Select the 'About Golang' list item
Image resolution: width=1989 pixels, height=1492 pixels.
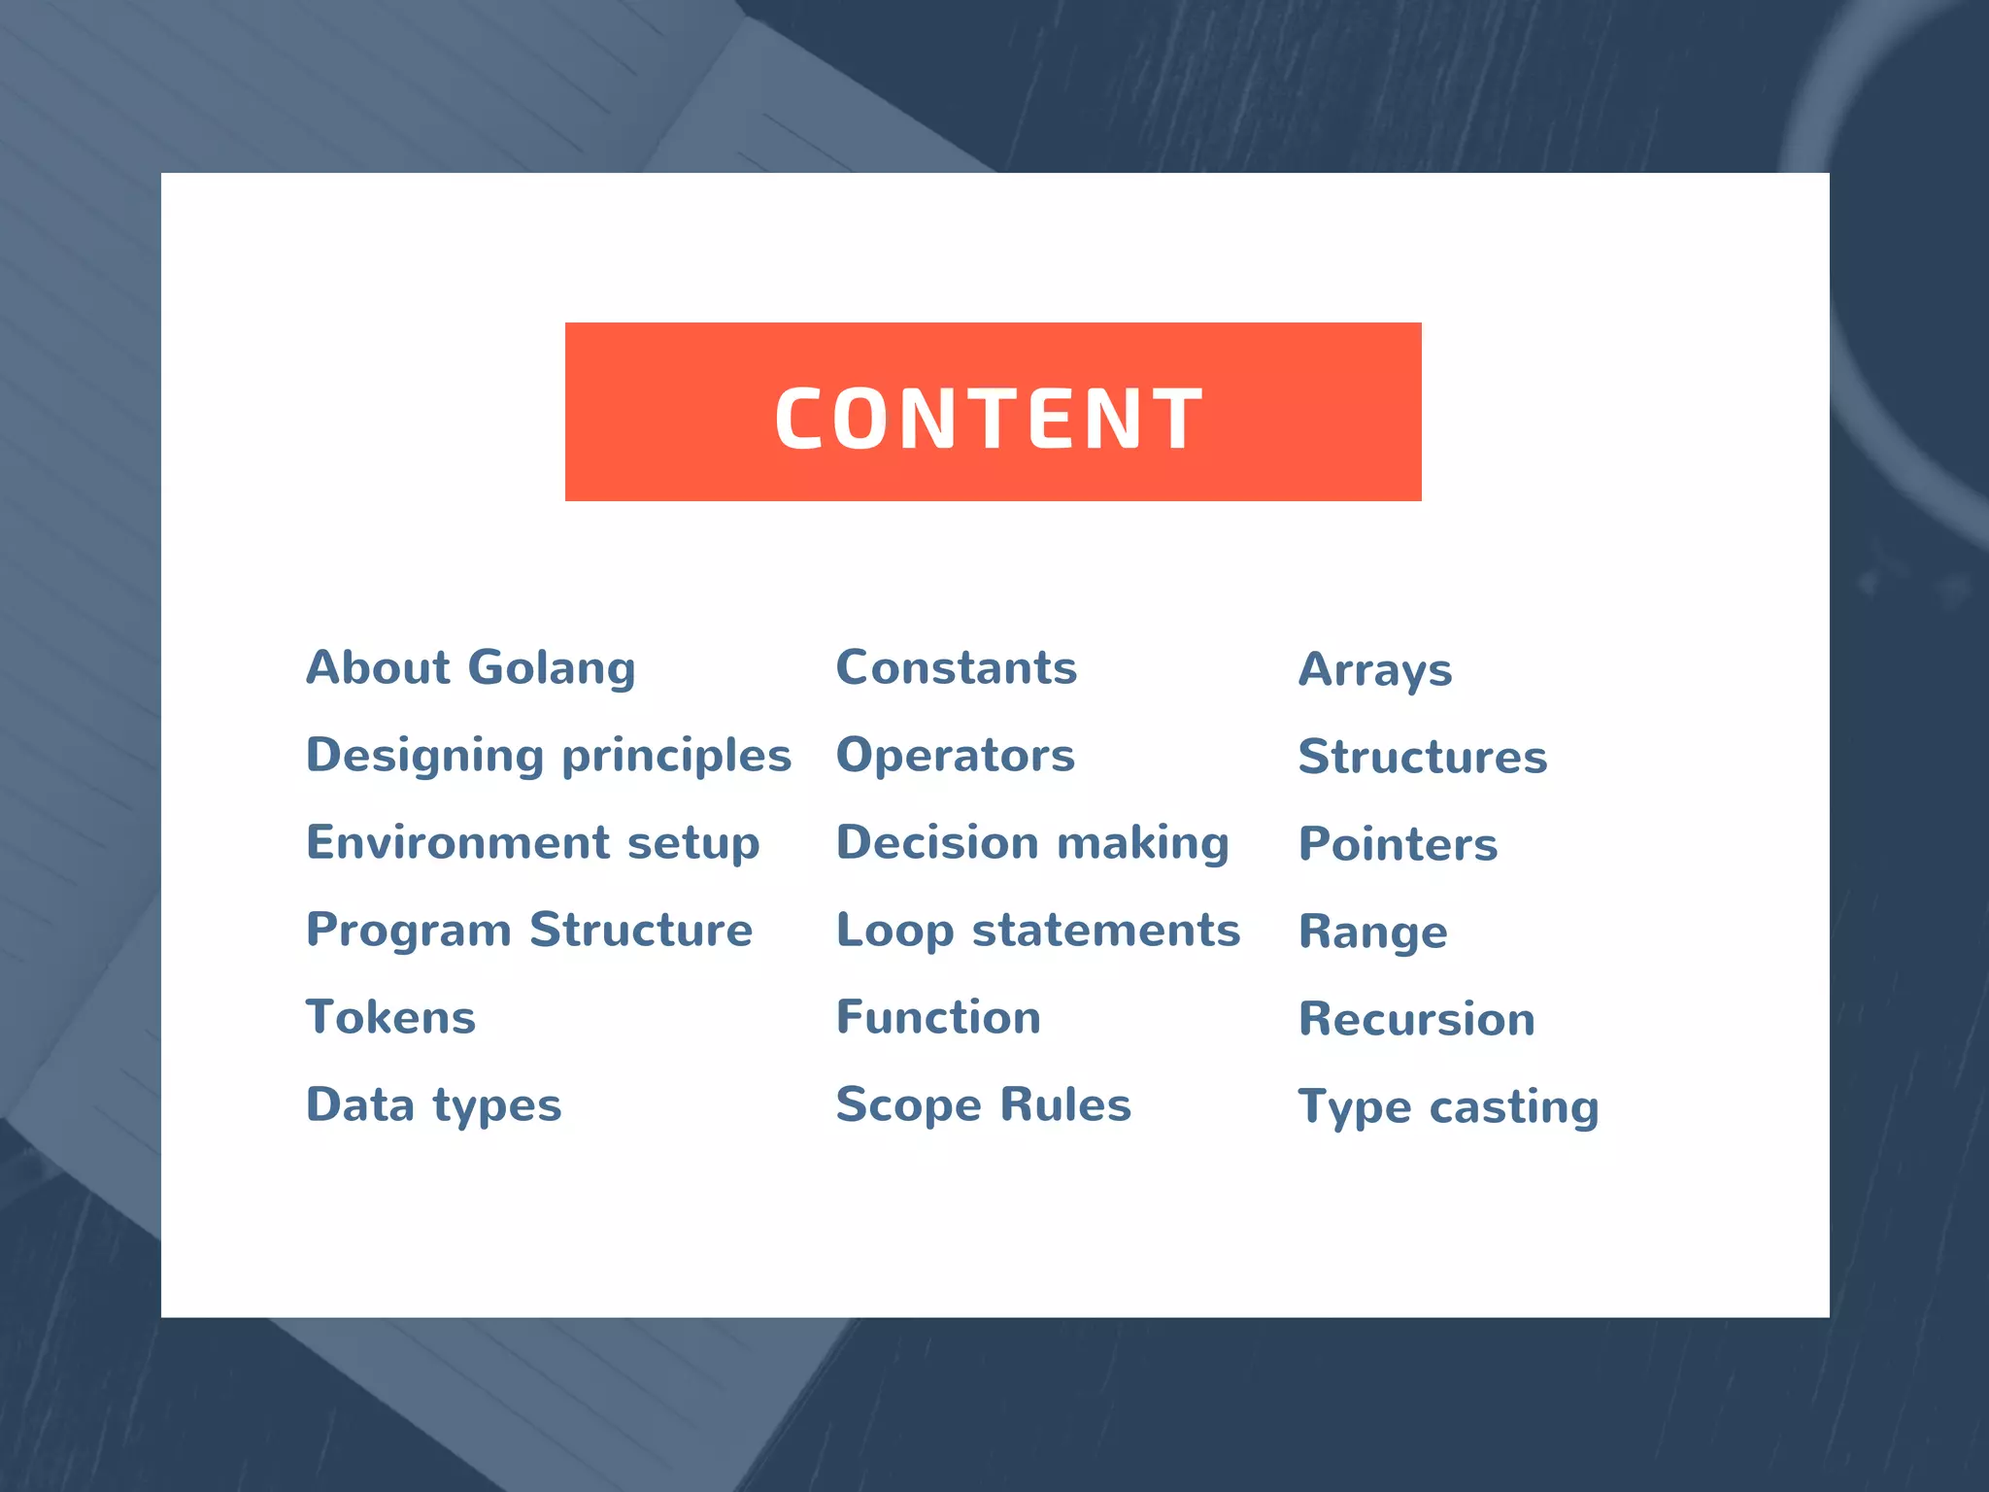pos(471,668)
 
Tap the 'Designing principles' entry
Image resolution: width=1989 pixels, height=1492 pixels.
pos(549,756)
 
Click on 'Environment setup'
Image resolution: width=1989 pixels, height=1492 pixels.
pos(533,843)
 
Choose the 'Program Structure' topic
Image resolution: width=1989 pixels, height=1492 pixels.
pos(529,931)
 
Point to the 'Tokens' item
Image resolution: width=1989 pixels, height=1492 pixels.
pos(391,1018)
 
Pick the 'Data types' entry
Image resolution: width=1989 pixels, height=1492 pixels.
pos(434,1105)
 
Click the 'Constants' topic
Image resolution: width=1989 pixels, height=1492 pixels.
pos(957,668)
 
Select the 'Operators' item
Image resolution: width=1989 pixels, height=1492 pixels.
pos(956,756)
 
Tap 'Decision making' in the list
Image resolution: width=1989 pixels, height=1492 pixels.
pos(1032,843)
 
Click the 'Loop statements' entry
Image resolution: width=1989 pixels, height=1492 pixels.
pos(1038,931)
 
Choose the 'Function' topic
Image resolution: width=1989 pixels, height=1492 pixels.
pos(938,1018)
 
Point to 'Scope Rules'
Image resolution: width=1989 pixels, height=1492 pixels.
pos(984,1105)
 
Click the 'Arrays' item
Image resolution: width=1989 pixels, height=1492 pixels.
pos(1375,670)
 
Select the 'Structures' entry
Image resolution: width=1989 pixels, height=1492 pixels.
pos(1423,758)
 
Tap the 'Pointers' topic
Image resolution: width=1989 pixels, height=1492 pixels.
pos(1399,845)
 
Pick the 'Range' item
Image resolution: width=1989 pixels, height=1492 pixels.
pos(1373,932)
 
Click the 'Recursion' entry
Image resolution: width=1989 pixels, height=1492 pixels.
pos(1417,1020)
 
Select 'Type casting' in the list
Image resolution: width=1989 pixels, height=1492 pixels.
pos(1449,1107)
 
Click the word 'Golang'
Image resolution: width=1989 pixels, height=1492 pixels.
pos(552,668)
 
